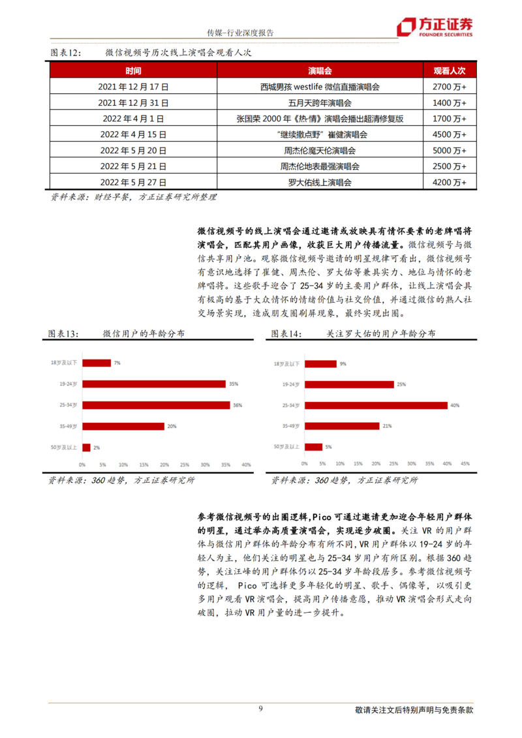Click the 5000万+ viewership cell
click(x=449, y=150)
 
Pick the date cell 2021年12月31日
click(x=133, y=102)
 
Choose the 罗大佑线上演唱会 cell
click(x=320, y=183)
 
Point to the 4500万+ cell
click(x=449, y=134)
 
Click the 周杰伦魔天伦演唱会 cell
click(x=320, y=150)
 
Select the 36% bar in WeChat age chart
click(x=156, y=405)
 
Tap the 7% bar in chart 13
click(x=96, y=362)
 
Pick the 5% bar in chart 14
click(x=314, y=447)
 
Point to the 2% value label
click(x=97, y=448)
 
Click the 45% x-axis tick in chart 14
click(x=465, y=464)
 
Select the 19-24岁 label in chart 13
click(x=68, y=384)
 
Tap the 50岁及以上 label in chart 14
click(x=288, y=447)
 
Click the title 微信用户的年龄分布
click(x=144, y=333)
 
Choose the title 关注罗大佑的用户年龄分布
click(x=381, y=333)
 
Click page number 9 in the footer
click(x=261, y=709)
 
